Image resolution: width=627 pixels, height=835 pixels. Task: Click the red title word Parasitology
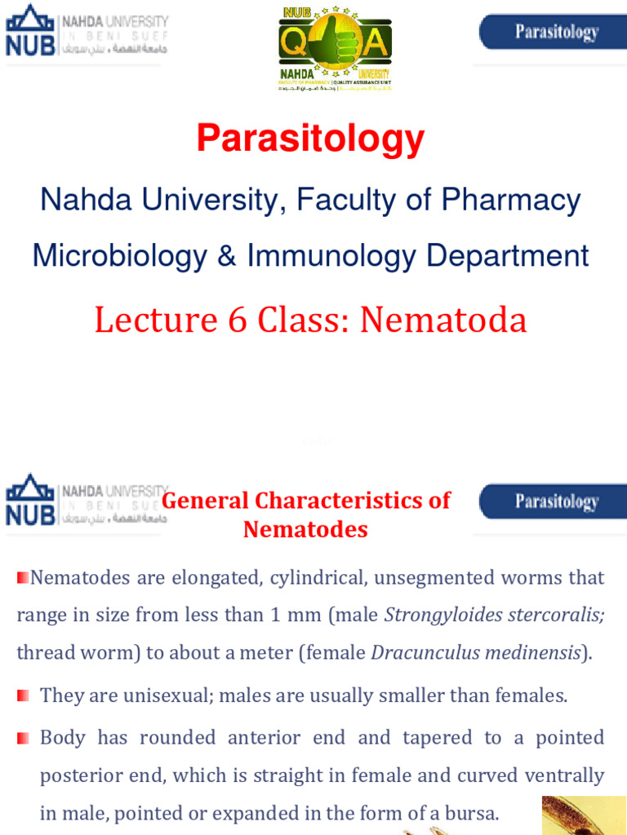[309, 139]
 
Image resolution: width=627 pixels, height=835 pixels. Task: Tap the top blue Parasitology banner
[552, 33]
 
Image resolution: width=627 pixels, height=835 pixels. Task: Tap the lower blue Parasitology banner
[552, 501]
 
